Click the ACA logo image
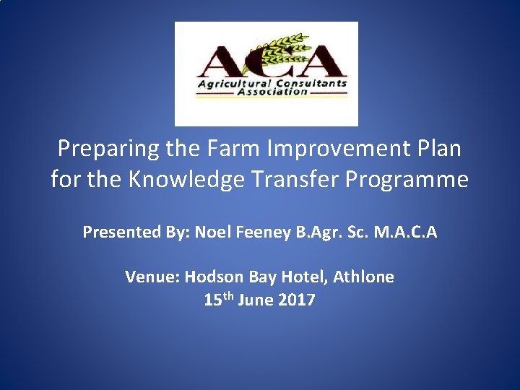pos(266,74)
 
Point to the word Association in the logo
pos(266,92)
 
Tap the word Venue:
pos(152,277)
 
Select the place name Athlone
pos(365,277)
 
